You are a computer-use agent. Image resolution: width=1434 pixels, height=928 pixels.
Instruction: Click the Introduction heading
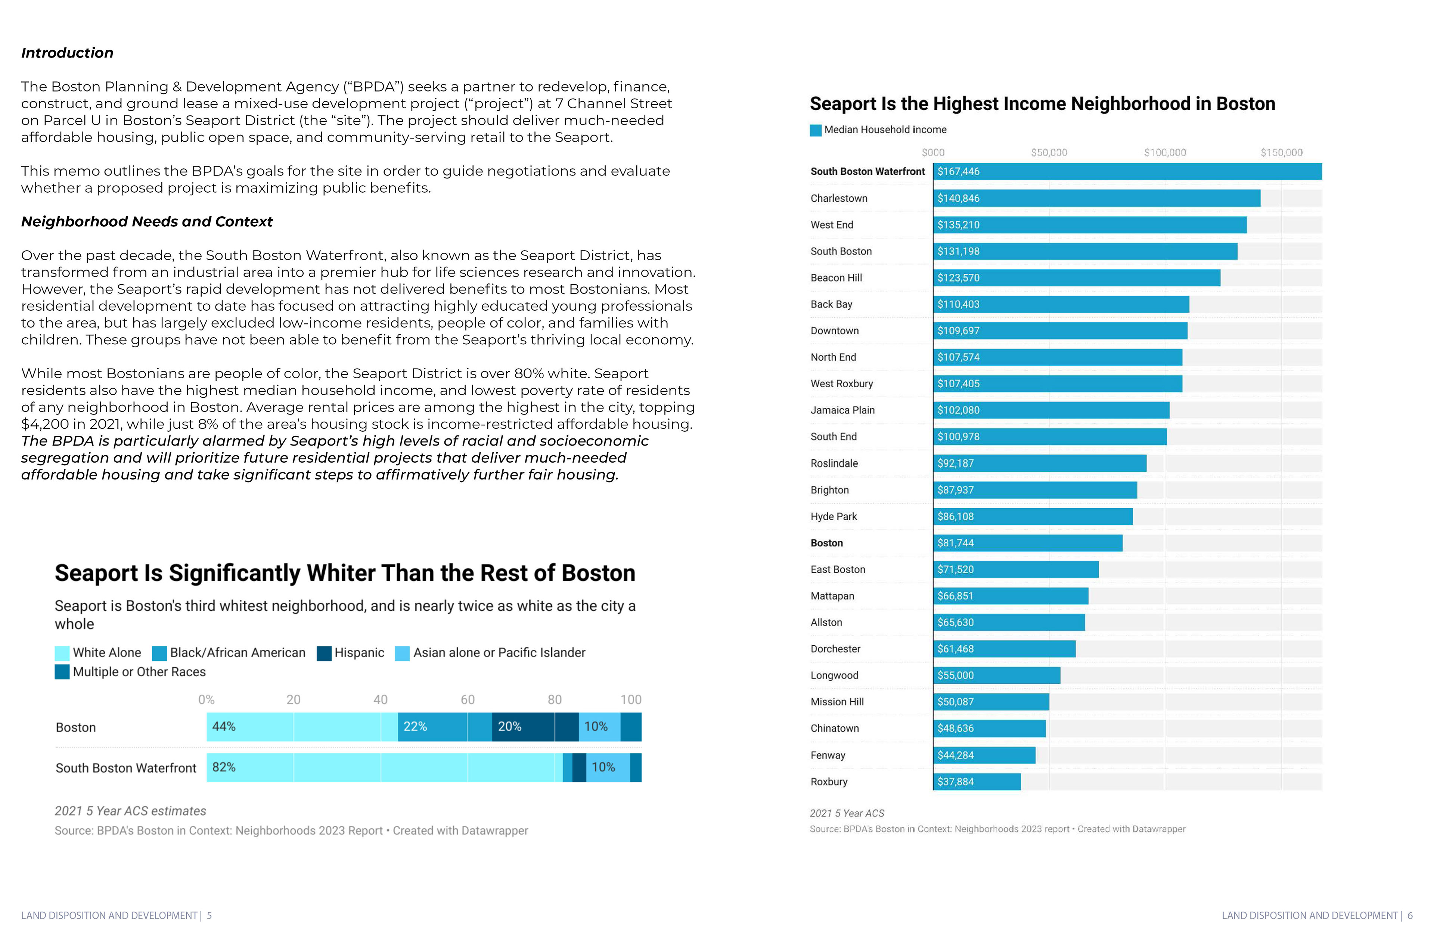[x=67, y=53]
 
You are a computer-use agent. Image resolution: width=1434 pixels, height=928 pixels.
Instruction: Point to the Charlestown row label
[x=839, y=198]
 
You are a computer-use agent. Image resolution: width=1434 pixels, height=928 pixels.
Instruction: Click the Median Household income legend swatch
[x=815, y=130]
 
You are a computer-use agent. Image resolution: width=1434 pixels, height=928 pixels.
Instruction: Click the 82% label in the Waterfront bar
[x=224, y=767]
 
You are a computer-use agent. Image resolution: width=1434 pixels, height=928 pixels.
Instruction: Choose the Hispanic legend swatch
[x=324, y=653]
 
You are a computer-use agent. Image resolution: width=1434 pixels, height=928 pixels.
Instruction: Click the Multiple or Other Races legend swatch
[x=62, y=672]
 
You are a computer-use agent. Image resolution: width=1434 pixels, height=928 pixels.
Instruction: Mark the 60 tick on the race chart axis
[x=468, y=699]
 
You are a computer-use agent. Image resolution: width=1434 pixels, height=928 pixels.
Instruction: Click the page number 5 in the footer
[x=209, y=915]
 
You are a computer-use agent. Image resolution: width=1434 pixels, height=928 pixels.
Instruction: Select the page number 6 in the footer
[x=1410, y=915]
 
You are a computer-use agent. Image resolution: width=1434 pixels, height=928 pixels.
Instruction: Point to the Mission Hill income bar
[x=991, y=702]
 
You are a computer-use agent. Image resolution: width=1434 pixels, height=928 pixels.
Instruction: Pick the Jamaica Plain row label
[x=842, y=410]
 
